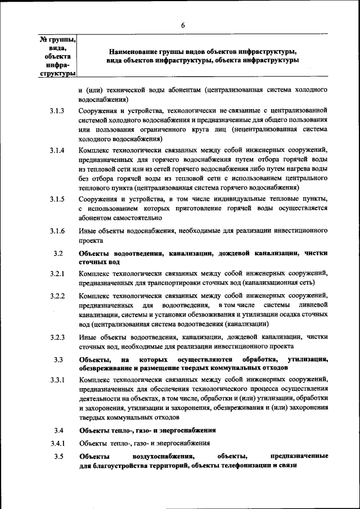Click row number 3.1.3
click(57, 111)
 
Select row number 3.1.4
click(57, 151)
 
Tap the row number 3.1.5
click(57, 199)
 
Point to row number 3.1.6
click(57, 231)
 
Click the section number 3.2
click(58, 253)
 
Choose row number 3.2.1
click(57, 274)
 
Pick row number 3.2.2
click(57, 296)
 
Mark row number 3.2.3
click(57, 337)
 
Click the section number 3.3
click(58, 359)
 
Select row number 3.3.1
click(57, 381)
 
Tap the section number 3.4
click(58, 430)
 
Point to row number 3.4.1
click(57, 443)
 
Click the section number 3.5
click(58, 456)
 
